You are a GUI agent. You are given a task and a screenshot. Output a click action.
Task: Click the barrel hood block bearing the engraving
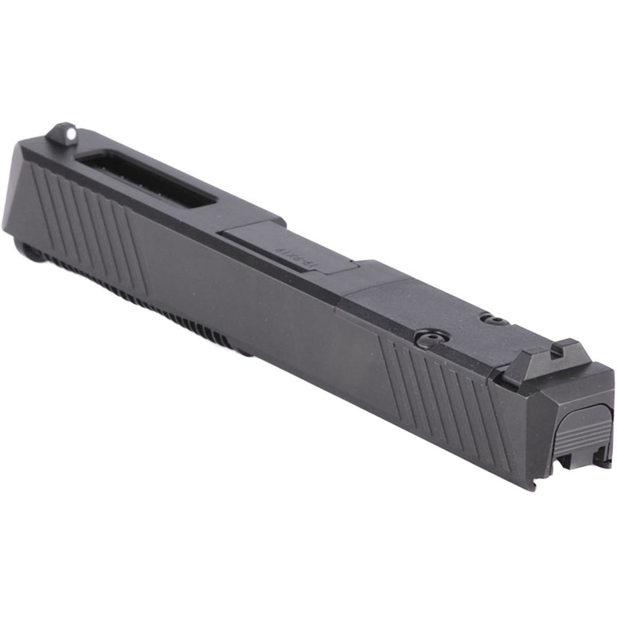tap(288, 247)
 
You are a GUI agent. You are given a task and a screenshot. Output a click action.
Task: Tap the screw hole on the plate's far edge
tap(495, 321)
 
